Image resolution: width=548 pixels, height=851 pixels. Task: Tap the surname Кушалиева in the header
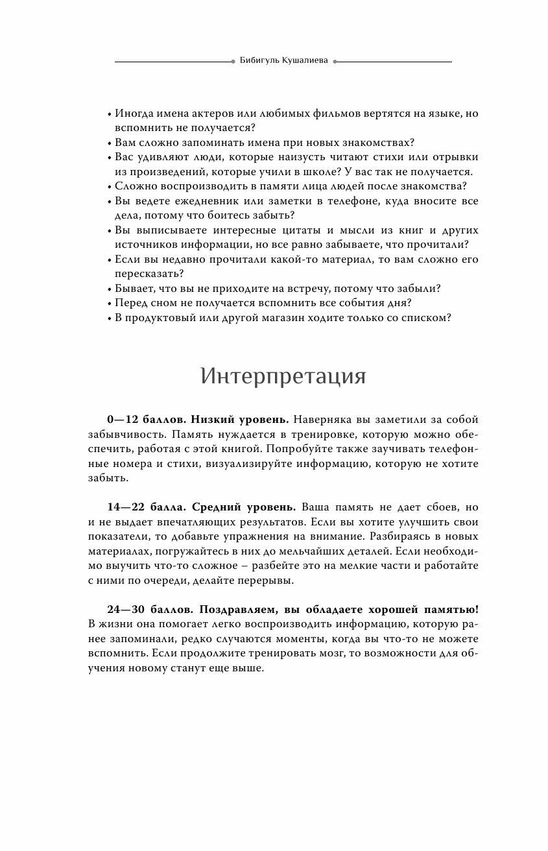(x=306, y=62)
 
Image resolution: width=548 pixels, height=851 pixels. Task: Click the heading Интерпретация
(x=283, y=376)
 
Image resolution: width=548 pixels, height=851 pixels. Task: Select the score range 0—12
(x=123, y=420)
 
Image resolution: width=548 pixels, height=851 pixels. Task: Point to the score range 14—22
(x=126, y=507)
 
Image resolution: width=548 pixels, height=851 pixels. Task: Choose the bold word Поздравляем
(x=235, y=610)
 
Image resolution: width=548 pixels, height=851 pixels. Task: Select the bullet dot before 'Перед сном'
(x=110, y=304)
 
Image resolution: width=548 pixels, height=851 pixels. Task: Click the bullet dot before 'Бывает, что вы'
(x=110, y=289)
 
